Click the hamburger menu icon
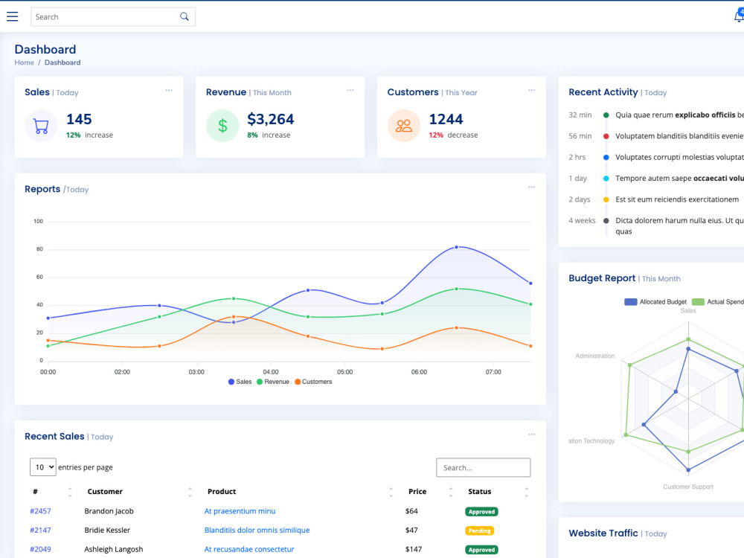13,16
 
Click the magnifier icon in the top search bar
184,16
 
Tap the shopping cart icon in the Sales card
41,126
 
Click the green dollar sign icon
222,126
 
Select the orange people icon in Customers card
404,126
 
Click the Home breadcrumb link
25,62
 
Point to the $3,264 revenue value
271,119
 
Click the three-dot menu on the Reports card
531,187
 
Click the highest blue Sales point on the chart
457,247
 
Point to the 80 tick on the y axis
39,249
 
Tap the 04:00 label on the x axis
271,372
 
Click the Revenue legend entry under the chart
273,382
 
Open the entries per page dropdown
42,467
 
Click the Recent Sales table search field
483,467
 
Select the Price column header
417,492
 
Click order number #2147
40,530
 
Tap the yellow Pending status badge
479,530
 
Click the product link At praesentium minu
240,511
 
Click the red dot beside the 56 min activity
606,136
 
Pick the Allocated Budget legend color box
631,302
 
